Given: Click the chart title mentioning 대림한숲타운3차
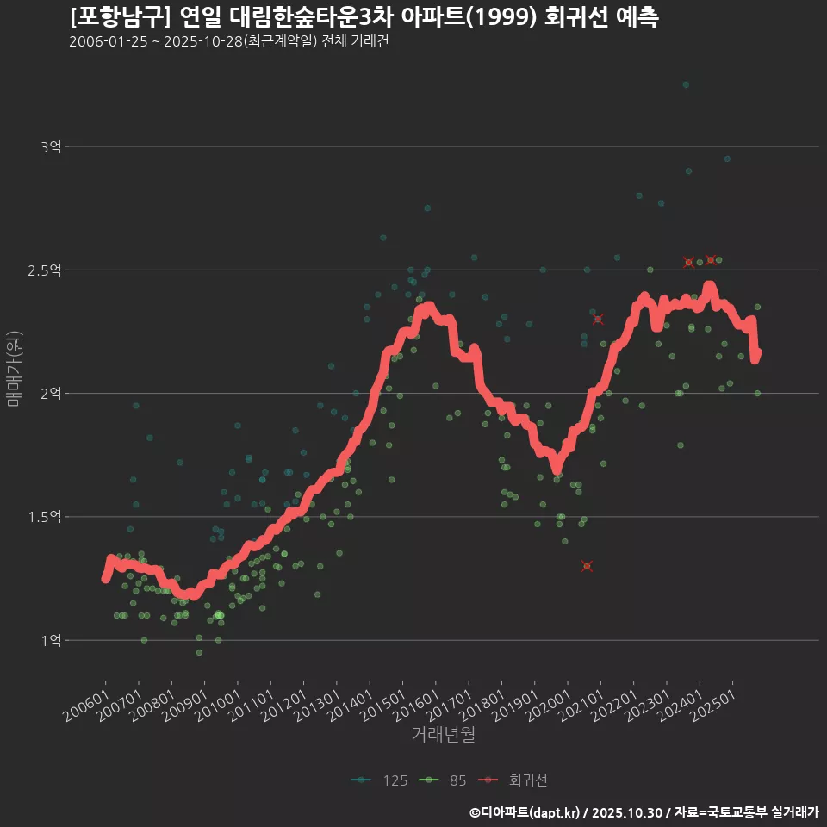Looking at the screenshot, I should (x=364, y=17).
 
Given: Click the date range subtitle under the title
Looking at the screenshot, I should (x=228, y=42).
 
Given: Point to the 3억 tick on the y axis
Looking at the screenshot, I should (x=50, y=146).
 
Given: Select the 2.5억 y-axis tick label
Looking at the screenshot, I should (x=44, y=270).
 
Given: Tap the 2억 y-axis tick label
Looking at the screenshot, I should (x=50, y=394).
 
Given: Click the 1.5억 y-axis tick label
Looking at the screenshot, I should (x=44, y=517).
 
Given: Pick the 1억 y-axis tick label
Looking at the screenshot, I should (x=50, y=640).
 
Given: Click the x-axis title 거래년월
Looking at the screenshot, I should (x=443, y=734).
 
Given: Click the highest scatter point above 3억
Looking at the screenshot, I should (x=686, y=84).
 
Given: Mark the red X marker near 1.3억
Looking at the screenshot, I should (x=587, y=566).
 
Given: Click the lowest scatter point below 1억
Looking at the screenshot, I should (x=199, y=652).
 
